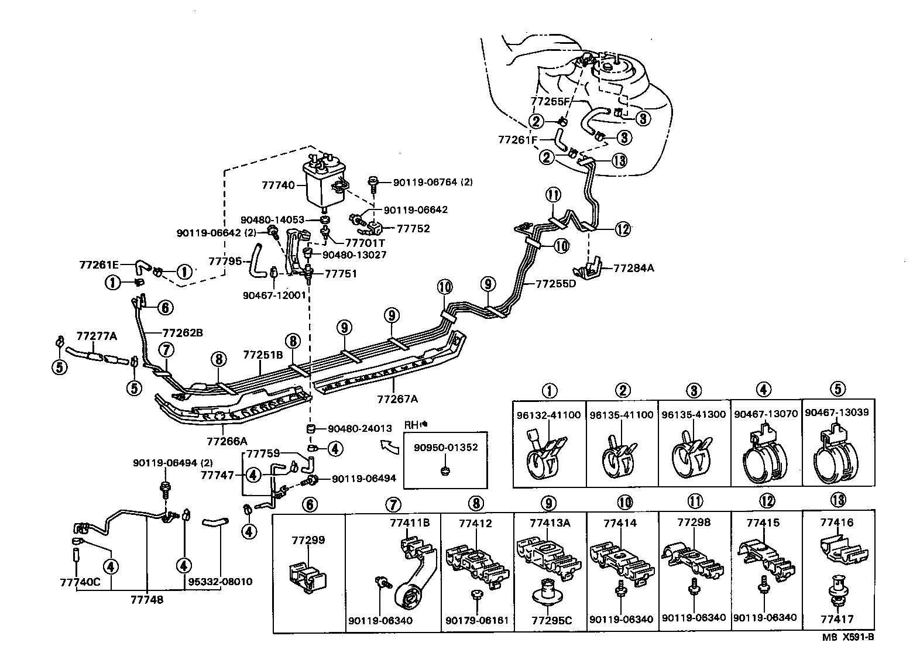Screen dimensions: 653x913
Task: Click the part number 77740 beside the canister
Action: pyautogui.click(x=278, y=185)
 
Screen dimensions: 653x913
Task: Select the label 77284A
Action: pyautogui.click(x=633, y=269)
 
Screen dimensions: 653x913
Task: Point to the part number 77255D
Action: pyautogui.click(x=555, y=284)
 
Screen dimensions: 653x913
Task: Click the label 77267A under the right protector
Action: pyautogui.click(x=398, y=400)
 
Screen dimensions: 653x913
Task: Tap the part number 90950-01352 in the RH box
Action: pyautogui.click(x=445, y=448)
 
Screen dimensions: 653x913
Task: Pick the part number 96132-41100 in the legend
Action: pyautogui.click(x=548, y=414)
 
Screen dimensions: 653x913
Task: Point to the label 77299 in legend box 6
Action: pyautogui.click(x=308, y=540)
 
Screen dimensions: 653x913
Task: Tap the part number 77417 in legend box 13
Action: pyautogui.click(x=837, y=618)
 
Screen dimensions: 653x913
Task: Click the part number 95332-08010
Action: pyautogui.click(x=219, y=582)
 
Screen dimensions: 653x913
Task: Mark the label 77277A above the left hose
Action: pyautogui.click(x=97, y=336)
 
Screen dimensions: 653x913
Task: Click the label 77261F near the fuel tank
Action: pyautogui.click(x=517, y=140)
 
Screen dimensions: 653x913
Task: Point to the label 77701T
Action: pyautogui.click(x=365, y=242)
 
